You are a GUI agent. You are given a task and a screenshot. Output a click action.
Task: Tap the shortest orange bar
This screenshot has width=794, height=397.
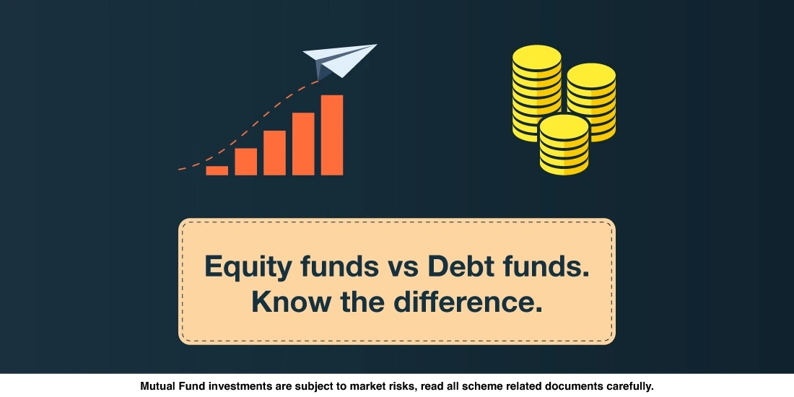[217, 170]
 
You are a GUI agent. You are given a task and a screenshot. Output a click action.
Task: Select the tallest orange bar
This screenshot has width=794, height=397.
[332, 135]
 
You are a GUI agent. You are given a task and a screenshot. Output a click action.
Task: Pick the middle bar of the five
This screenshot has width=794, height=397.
[274, 152]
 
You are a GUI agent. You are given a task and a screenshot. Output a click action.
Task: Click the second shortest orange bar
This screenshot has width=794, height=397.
[245, 161]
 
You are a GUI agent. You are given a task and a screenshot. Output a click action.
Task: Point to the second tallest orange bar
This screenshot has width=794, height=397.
[303, 144]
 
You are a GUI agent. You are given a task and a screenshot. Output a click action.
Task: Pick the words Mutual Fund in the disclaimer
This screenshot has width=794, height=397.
[174, 386]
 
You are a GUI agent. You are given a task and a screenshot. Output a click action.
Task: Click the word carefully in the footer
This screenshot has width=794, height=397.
[627, 386]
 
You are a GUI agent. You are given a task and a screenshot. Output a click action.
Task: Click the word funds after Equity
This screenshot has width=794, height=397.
[331, 266]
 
